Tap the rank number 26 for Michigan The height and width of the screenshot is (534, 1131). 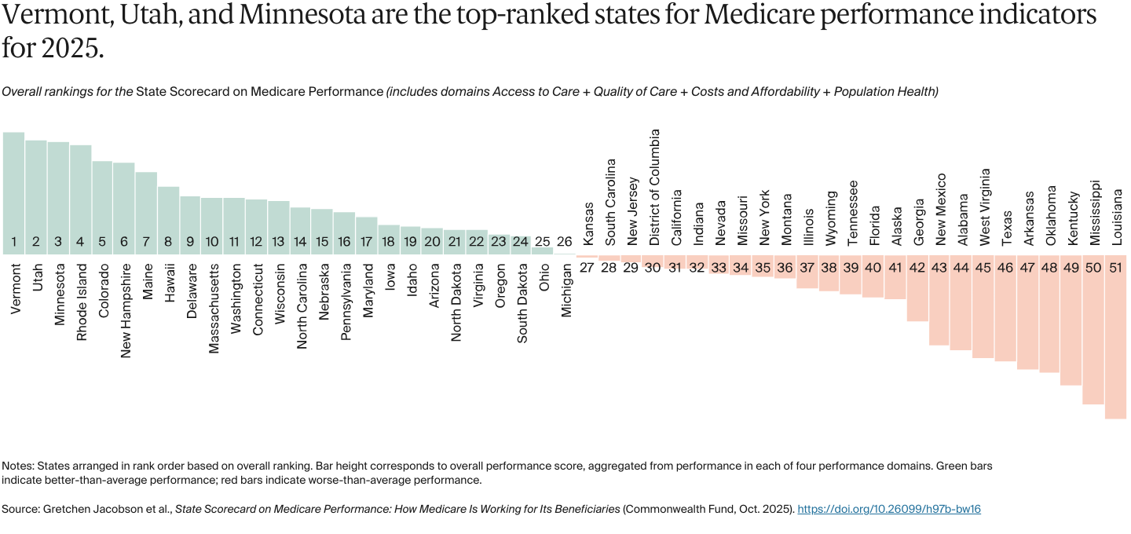pyautogui.click(x=564, y=242)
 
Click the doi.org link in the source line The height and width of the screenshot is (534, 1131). pyautogui.click(x=888, y=510)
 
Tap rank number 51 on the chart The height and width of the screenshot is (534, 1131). pyautogui.click(x=1115, y=268)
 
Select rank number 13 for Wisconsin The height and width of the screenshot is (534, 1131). pyautogui.click(x=278, y=242)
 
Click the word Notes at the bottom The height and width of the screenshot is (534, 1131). pyautogui.click(x=17, y=466)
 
